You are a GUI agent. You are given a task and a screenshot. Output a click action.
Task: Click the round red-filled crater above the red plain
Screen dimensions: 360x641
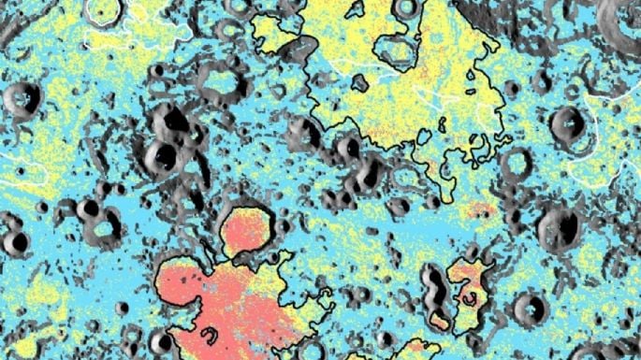248,231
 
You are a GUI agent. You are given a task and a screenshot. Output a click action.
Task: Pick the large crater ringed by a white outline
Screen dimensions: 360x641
103,11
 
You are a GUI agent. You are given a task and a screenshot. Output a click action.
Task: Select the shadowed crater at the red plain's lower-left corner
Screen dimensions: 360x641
162,340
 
